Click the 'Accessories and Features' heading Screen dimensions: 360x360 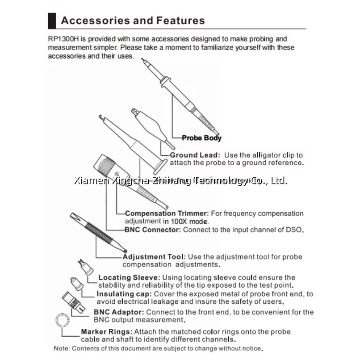pyautogui.click(x=133, y=21)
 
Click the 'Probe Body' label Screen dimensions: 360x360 pyautogui.click(x=201, y=138)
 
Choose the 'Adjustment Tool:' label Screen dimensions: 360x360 pyautogui.click(x=154, y=257)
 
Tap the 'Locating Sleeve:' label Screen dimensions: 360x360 pyautogui.click(x=129, y=277)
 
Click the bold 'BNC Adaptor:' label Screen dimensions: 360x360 pyautogui.click(x=119, y=312)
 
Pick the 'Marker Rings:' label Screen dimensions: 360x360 pyautogui.click(x=107, y=332)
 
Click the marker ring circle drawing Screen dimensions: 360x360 pyautogui.click(x=62, y=321)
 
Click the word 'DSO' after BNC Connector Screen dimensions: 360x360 pyautogui.click(x=295, y=230)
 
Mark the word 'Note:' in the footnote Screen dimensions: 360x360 pyautogui.click(x=62, y=347)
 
